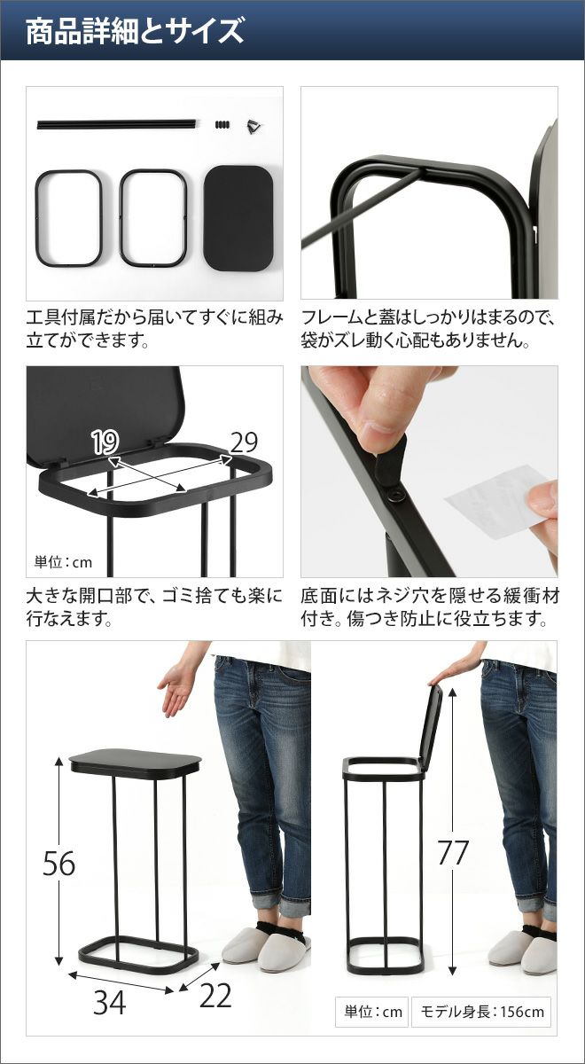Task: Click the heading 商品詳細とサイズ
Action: tap(135, 31)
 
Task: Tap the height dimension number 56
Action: tap(58, 864)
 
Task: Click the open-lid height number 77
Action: tap(453, 853)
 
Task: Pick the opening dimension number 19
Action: tap(105, 442)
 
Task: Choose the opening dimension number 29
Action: tap(244, 442)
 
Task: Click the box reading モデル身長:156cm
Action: tap(481, 1012)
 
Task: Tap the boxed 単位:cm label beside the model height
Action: tap(372, 1012)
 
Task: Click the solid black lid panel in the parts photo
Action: tap(238, 218)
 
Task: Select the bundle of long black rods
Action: tap(116, 124)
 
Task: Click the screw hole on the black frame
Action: tap(395, 495)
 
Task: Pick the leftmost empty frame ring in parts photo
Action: tap(69, 218)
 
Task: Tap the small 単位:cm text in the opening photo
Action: tap(63, 562)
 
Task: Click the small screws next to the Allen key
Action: tap(222, 125)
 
